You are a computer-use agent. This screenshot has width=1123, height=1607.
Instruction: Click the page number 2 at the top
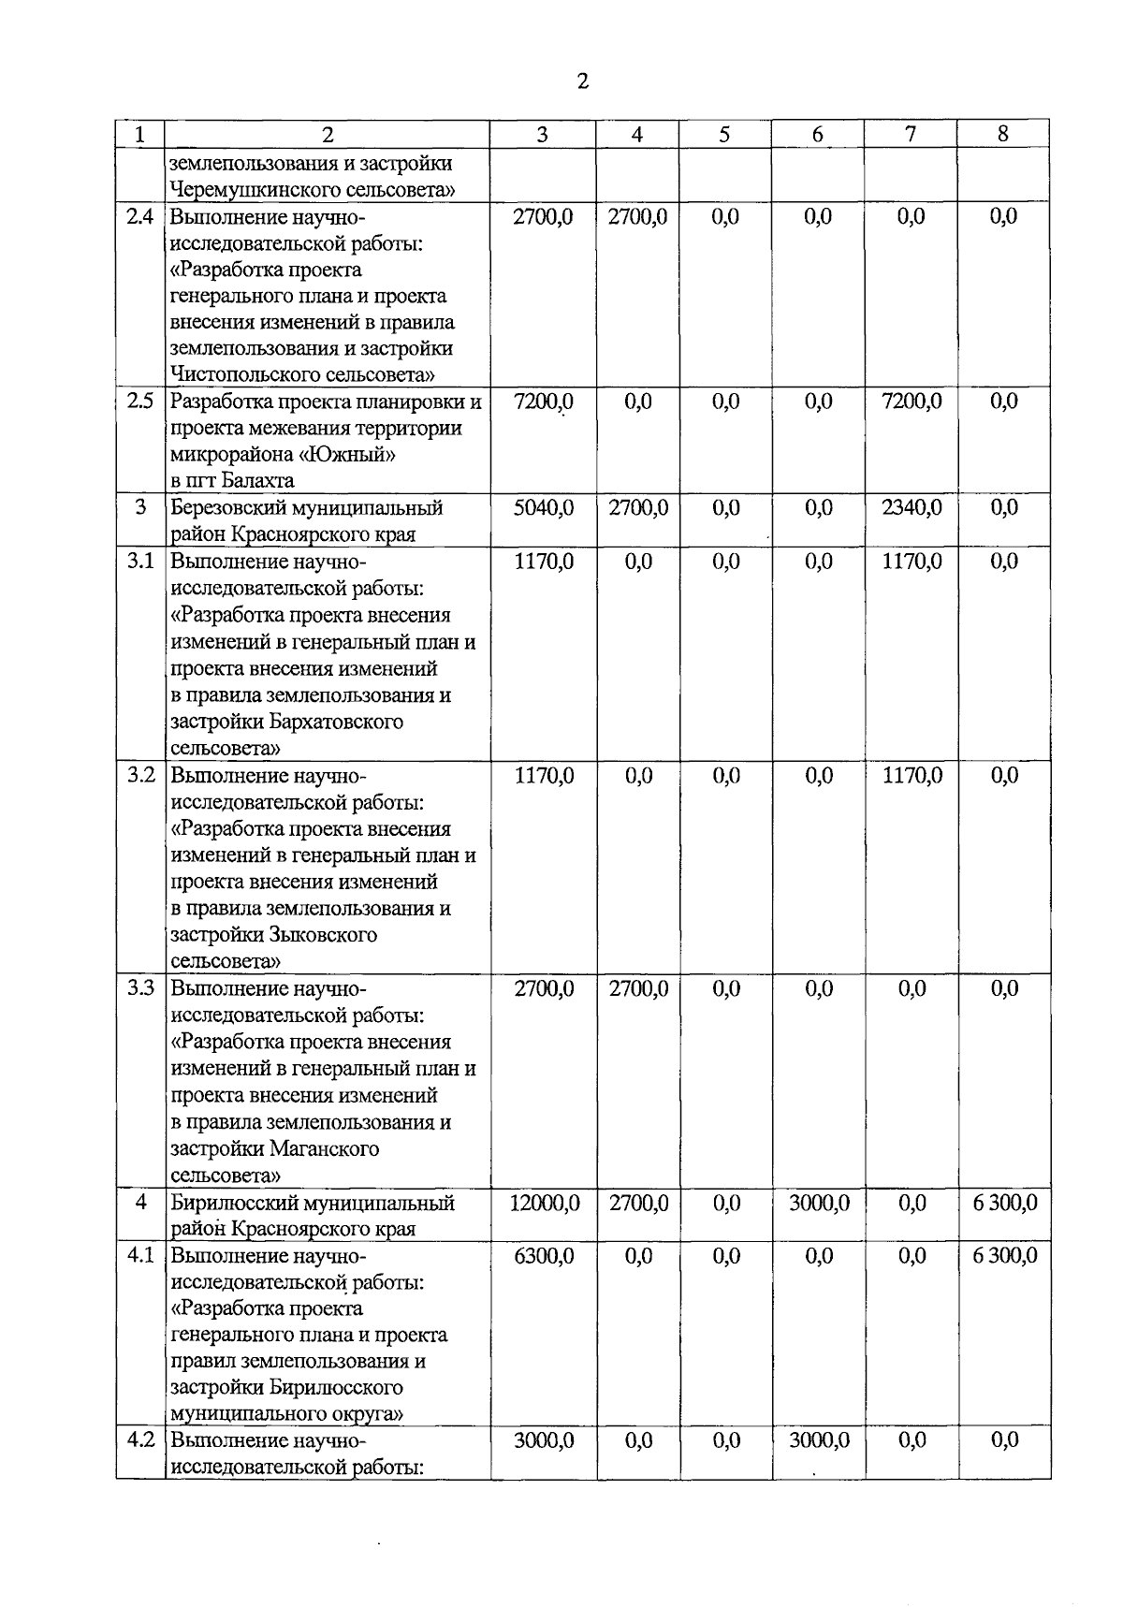[583, 81]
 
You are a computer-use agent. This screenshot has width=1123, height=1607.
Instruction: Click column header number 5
[725, 135]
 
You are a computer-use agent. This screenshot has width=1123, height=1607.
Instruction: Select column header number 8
[1003, 134]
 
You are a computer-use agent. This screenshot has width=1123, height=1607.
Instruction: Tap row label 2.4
[140, 217]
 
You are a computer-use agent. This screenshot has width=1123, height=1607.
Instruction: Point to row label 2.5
[140, 402]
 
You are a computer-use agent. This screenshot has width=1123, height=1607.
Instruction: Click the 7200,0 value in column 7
[912, 402]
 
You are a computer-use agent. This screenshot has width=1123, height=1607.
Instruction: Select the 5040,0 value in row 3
[544, 508]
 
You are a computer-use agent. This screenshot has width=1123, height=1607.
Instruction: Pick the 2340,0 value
[912, 508]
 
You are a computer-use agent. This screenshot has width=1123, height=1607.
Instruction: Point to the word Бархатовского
[336, 722]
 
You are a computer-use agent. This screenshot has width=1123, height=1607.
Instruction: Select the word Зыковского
[323, 935]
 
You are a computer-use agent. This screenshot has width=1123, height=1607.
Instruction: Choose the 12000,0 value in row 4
[544, 1203]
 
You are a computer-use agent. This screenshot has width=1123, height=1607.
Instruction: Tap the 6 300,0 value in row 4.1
[1004, 1256]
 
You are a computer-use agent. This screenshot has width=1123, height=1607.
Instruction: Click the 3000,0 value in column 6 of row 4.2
[819, 1440]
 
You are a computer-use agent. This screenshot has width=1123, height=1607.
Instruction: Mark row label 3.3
[140, 989]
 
